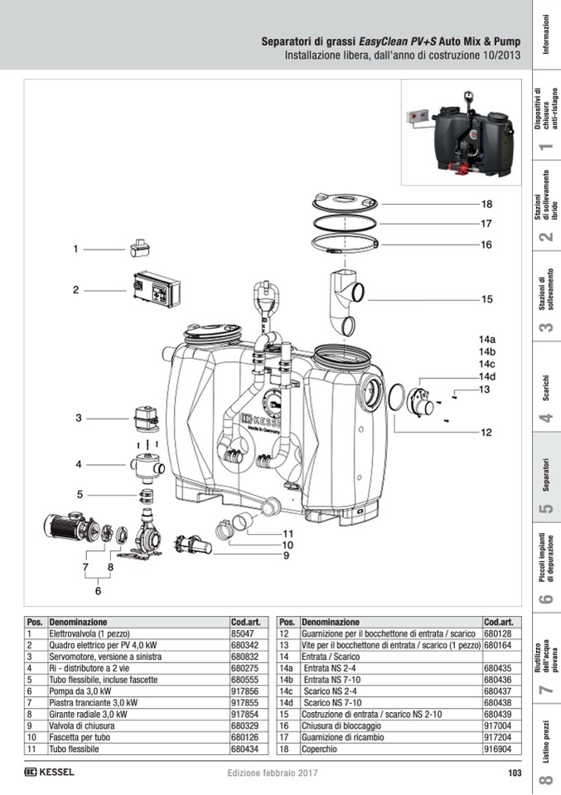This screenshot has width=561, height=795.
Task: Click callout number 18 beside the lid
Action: pos(486,204)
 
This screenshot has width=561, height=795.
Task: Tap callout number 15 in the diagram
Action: pos(486,299)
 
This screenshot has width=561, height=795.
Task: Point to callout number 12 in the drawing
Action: pos(486,433)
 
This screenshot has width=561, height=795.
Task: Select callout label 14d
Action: pos(487,376)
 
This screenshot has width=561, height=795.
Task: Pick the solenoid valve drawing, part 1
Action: pos(139,247)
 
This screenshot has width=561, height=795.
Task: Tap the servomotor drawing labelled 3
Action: pos(146,418)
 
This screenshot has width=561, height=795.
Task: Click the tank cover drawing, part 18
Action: pos(345,203)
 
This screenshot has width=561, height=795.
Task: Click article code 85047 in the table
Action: pos(242,633)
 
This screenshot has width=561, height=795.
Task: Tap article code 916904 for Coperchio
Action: pos(497,749)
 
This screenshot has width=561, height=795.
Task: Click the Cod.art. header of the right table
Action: pos(499,622)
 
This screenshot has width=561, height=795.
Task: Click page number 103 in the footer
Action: pos(515,773)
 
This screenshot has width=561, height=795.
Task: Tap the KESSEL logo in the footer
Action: pos(49,772)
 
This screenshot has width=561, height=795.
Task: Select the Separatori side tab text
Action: pos(546,475)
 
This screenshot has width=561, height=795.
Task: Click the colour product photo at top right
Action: pos(462,133)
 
